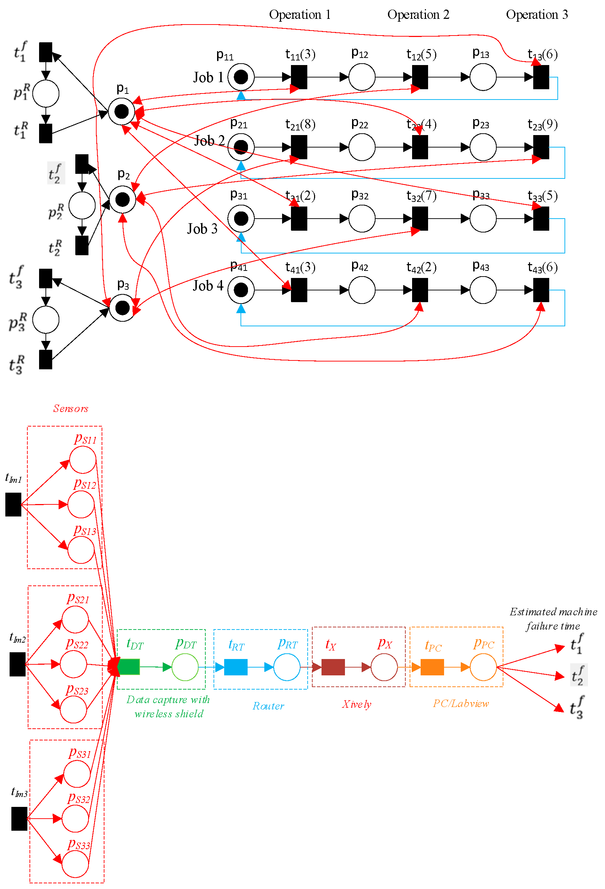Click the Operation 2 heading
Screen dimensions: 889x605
[x=418, y=15]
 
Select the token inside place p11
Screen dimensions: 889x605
[x=241, y=77]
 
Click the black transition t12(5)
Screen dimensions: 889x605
[x=420, y=77]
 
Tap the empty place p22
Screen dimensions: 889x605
[x=362, y=147]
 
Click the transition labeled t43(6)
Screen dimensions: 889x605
[x=541, y=290]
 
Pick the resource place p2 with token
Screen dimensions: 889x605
[x=122, y=199]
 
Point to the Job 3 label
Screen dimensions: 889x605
[x=202, y=229]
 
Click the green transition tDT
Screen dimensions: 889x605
[x=129, y=667]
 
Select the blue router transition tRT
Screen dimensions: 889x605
[x=236, y=667]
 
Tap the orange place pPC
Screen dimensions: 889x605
[x=483, y=667]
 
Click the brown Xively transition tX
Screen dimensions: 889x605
[x=333, y=667]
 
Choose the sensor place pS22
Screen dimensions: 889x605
[x=74, y=664]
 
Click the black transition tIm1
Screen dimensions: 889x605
[x=13, y=504]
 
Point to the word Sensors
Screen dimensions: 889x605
[x=71, y=408]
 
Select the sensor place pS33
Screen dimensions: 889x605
[x=75, y=864]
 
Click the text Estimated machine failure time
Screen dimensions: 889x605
[x=553, y=618]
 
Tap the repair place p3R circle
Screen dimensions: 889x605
[x=45, y=320]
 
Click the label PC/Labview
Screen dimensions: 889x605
[x=461, y=703]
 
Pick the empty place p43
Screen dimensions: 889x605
[x=483, y=290]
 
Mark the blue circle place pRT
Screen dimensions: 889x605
[x=287, y=667]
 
